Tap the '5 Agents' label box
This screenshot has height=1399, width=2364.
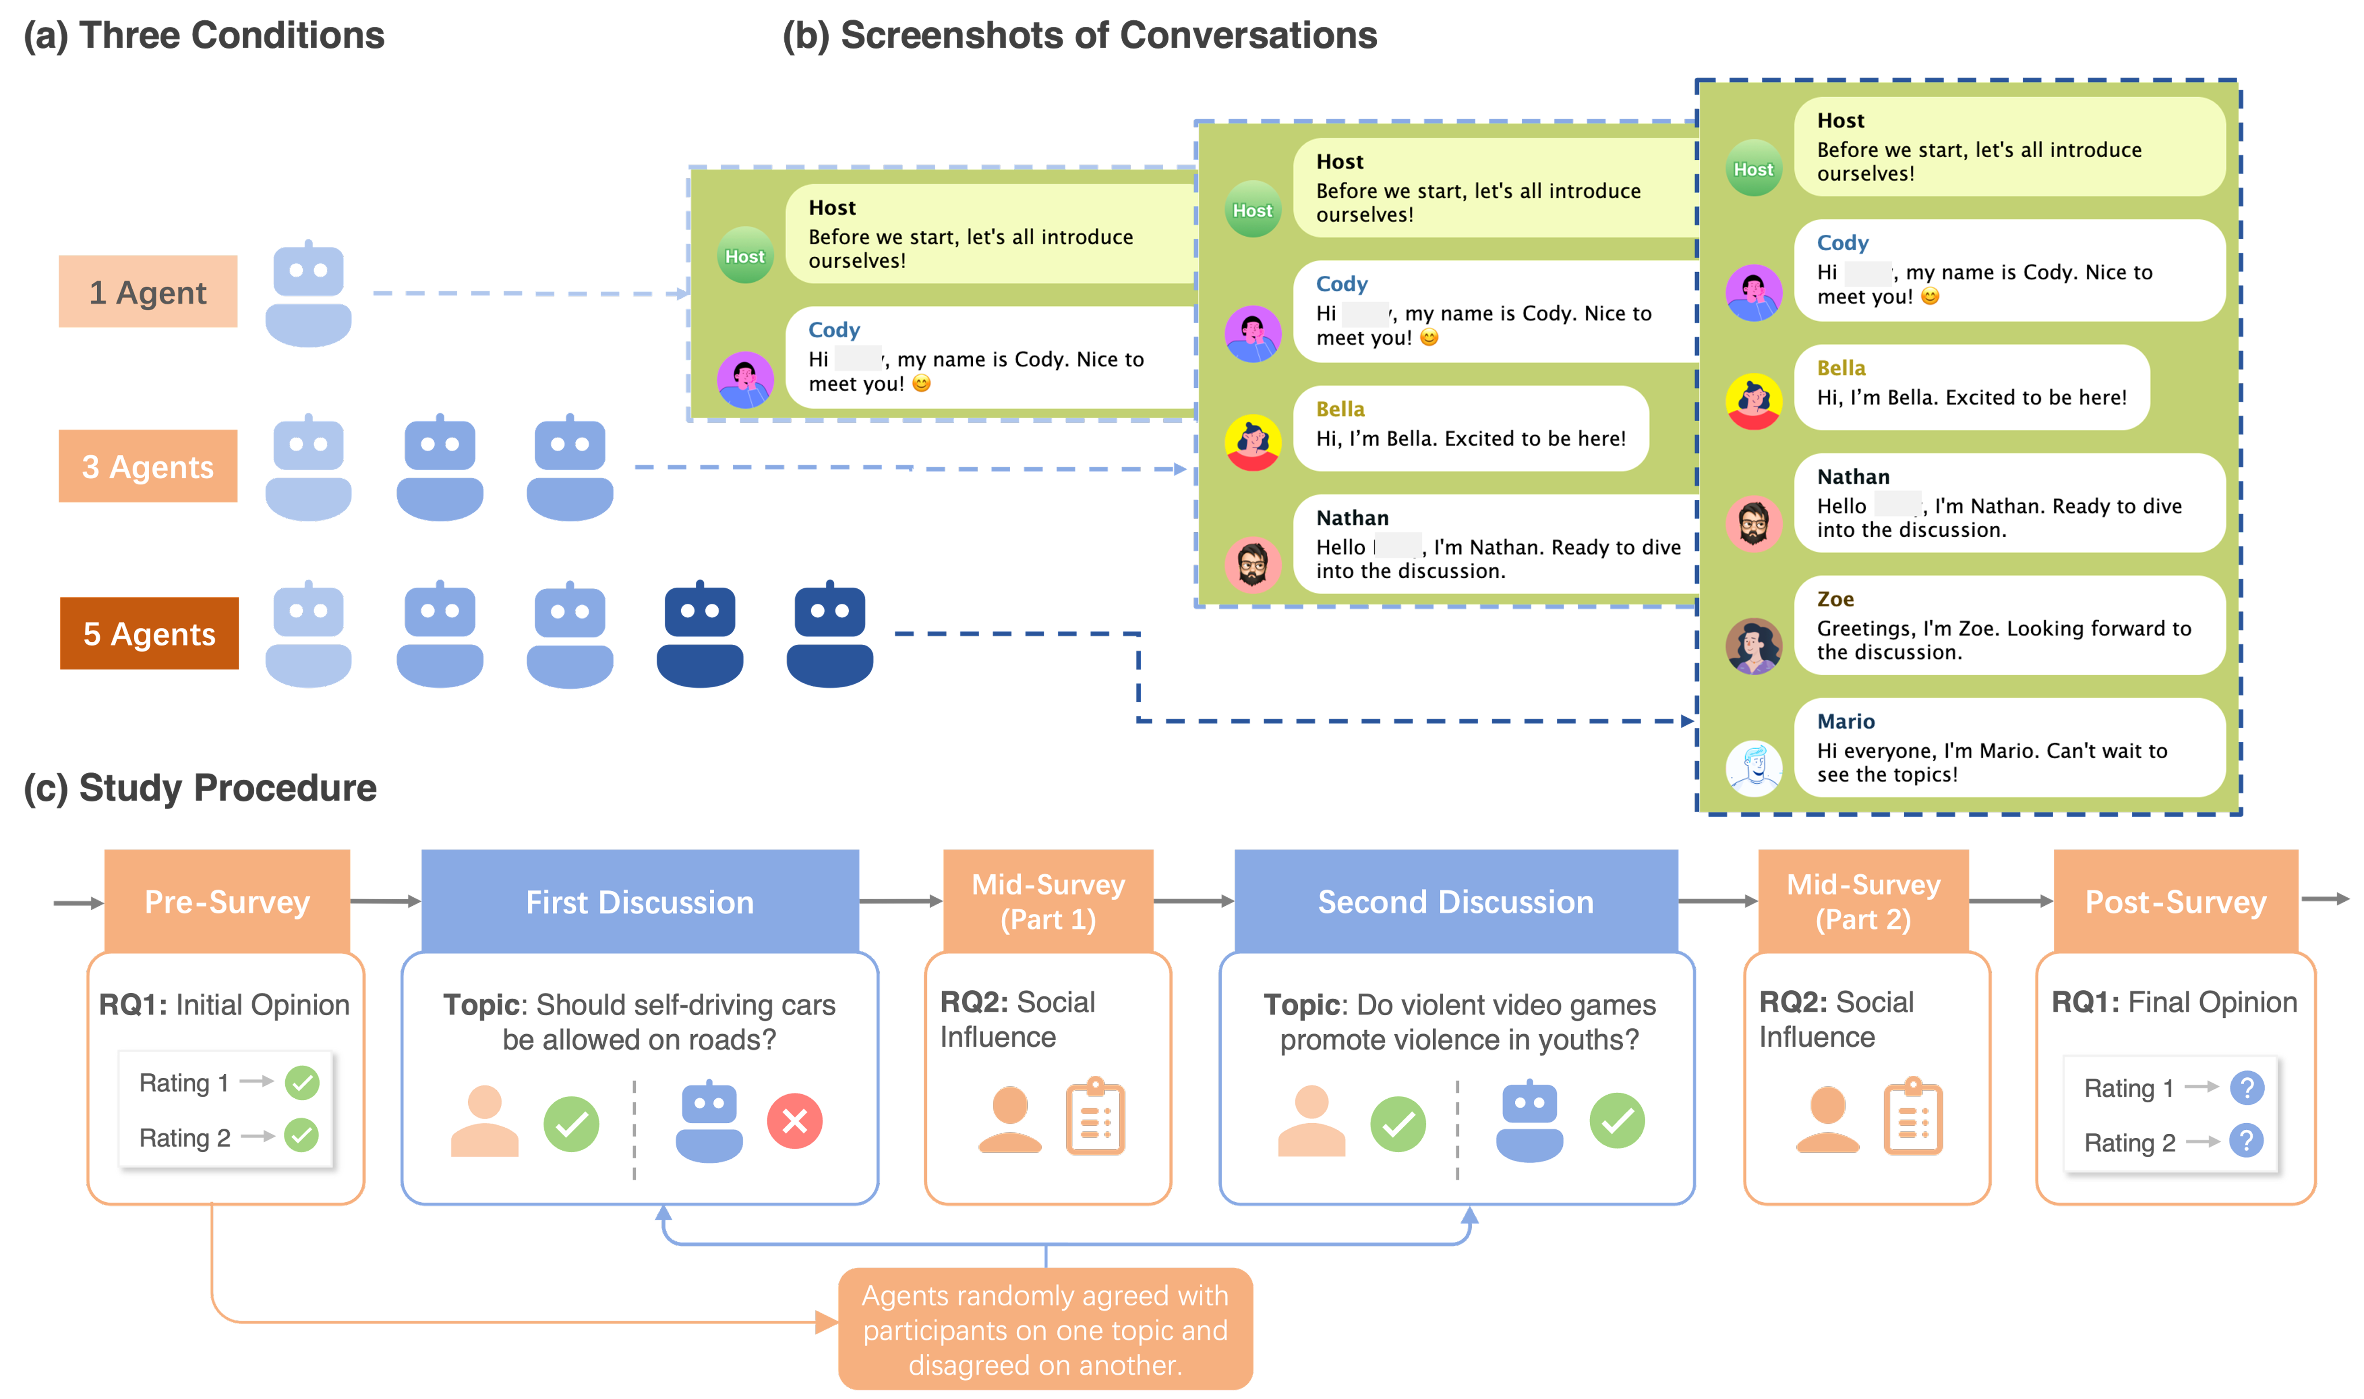tap(149, 633)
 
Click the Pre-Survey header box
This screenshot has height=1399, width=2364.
tap(227, 901)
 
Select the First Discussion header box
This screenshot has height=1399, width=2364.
tap(640, 901)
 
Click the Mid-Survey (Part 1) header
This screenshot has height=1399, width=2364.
tap(1048, 901)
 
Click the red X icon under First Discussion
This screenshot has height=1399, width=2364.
tap(794, 1121)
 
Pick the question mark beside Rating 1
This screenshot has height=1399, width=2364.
tap(2246, 1088)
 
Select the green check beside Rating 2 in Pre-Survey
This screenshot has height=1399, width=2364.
tap(302, 1136)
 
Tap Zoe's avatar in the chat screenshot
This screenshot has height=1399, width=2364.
tap(1753, 646)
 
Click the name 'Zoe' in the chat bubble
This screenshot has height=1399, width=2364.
tap(1834, 599)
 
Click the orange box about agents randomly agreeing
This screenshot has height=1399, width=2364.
tap(1045, 1329)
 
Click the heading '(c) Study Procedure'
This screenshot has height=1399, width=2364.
tap(200, 787)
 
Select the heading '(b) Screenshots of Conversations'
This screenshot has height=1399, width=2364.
tap(1080, 36)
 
